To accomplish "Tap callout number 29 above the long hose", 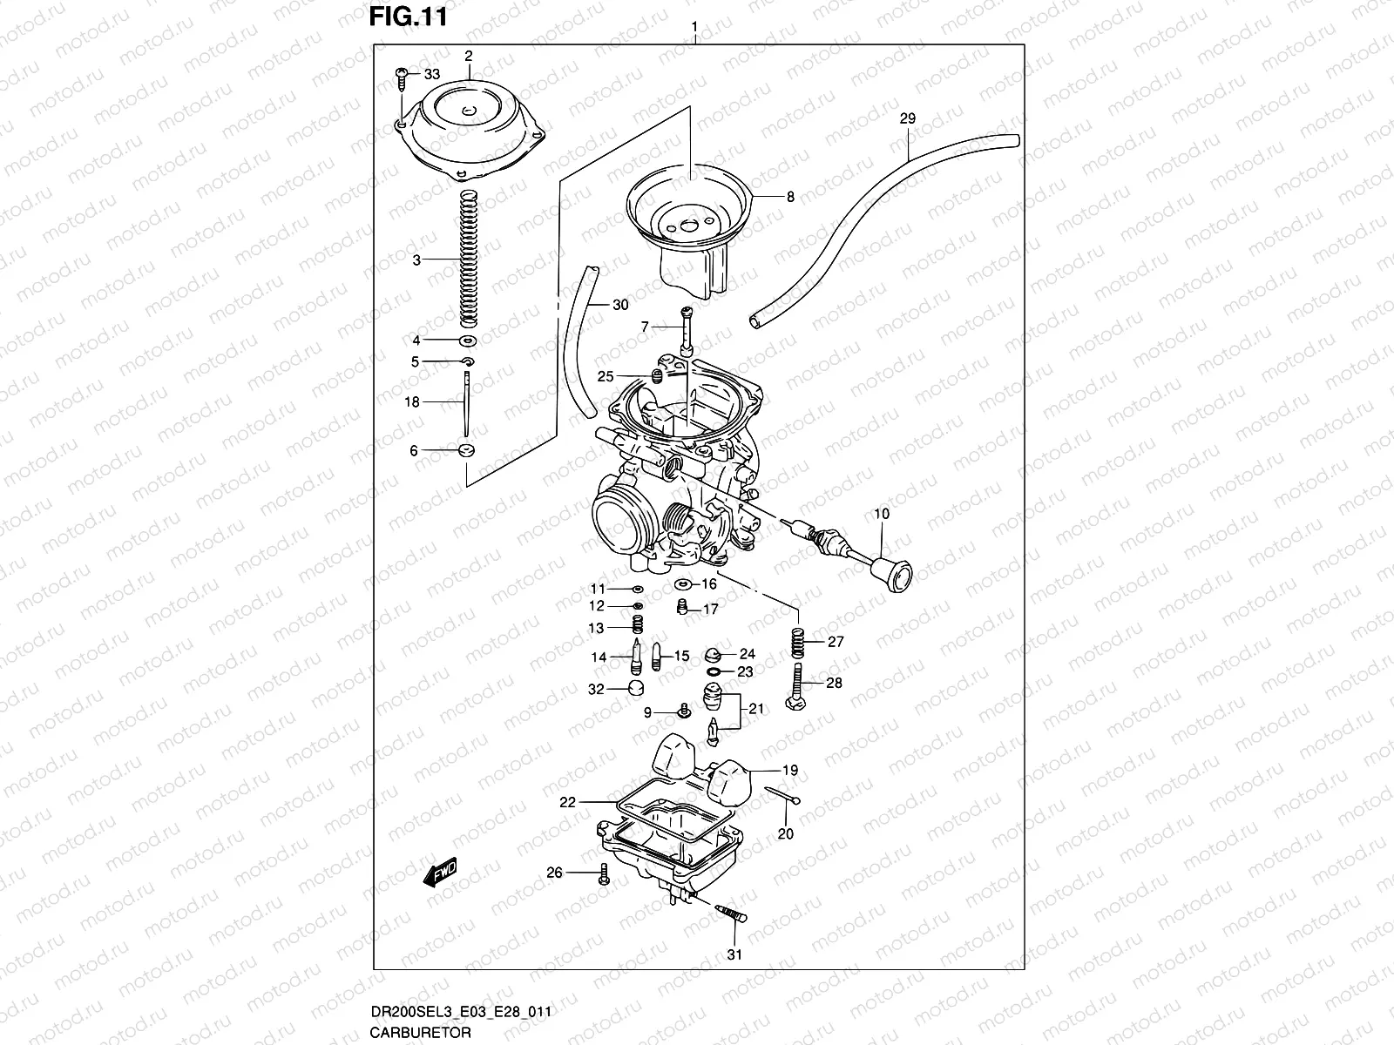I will (x=907, y=118).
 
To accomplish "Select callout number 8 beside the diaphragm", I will (x=790, y=197).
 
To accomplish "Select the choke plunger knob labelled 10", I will (x=892, y=570).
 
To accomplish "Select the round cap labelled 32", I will (x=640, y=690).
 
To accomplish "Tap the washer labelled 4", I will (x=467, y=340).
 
